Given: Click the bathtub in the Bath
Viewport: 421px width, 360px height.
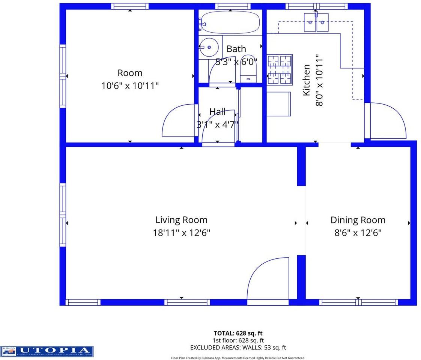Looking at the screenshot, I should click(230, 22).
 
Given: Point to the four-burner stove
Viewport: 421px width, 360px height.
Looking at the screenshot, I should click(280, 69).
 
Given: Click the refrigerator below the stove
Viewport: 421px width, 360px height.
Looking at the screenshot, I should click(278, 104).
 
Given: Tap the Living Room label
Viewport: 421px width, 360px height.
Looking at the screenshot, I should click(181, 220).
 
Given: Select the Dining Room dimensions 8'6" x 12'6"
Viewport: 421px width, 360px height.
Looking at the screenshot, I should click(358, 233).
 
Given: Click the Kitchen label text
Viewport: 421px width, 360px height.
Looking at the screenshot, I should click(307, 80).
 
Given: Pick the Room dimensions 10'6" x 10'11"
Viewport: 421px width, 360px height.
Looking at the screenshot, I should click(130, 85).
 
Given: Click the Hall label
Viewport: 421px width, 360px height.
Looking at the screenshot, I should click(217, 112).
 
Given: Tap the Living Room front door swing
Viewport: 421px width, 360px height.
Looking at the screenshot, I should click(267, 279).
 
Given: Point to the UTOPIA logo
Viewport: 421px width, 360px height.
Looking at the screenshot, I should click(47, 351).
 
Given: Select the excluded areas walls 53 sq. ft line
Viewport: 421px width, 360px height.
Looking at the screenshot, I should click(238, 348).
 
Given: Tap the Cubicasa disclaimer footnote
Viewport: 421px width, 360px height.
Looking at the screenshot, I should click(238, 358).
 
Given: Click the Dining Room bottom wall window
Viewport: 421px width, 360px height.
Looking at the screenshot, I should click(359, 302).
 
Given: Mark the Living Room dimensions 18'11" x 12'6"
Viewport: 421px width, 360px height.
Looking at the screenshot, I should click(181, 233).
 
